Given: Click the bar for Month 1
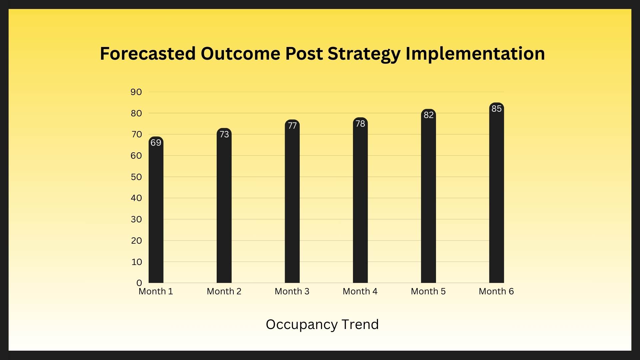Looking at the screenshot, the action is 156,210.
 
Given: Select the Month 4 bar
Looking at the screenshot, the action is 360,200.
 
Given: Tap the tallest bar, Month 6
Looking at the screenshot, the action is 497,193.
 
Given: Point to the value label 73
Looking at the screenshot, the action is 224,134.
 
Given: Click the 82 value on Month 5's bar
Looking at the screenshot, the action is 429,115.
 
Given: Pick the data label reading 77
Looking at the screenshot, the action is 292,126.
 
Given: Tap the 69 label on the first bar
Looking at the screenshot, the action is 156,143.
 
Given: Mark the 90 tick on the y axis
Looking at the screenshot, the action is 136,92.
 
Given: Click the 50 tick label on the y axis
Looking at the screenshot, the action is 136,177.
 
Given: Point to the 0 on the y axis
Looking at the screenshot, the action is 139,283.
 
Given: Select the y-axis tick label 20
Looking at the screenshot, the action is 136,241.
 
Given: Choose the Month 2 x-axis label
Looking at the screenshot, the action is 224,291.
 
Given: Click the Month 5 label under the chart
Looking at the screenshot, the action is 428,291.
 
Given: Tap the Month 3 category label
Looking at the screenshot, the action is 292,291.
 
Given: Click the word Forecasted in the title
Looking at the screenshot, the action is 148,53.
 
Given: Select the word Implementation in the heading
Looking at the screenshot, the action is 475,54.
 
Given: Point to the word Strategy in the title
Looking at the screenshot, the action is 364,54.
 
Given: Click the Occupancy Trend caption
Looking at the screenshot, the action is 322,324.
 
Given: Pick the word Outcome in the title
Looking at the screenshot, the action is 240,53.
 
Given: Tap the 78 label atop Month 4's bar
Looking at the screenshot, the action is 360,124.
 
